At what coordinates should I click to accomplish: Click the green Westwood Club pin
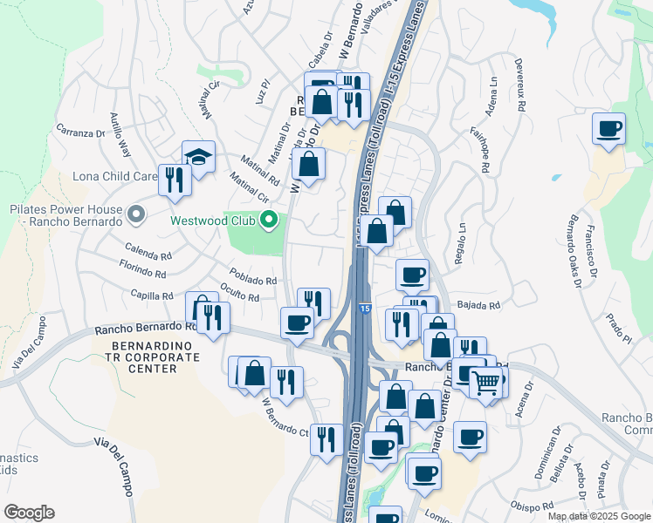[x=269, y=220]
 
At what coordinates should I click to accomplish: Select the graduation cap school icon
[x=199, y=158]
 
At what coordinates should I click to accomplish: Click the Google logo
[x=29, y=513]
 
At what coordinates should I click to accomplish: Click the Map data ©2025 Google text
[x=597, y=516]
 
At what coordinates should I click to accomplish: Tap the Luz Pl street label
[x=264, y=92]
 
